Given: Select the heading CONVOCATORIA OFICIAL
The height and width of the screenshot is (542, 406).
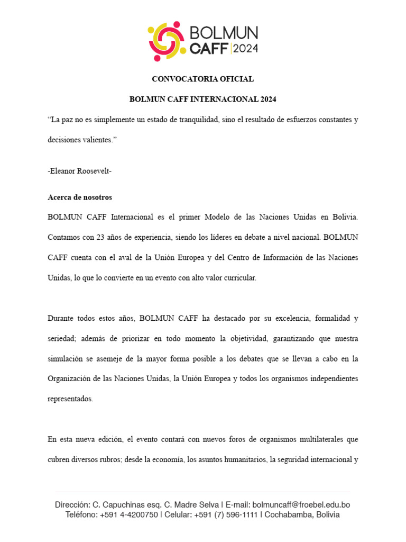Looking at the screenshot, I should click(202, 79).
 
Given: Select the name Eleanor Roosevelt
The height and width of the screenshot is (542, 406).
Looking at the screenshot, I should click(80, 171).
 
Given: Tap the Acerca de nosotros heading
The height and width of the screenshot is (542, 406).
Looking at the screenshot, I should click(80, 197).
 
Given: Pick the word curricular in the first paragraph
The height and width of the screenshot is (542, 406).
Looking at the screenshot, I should click(239, 278).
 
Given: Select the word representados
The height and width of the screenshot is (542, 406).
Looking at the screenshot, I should click(70, 399).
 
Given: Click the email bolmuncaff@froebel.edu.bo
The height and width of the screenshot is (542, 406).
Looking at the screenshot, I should click(301, 505).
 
